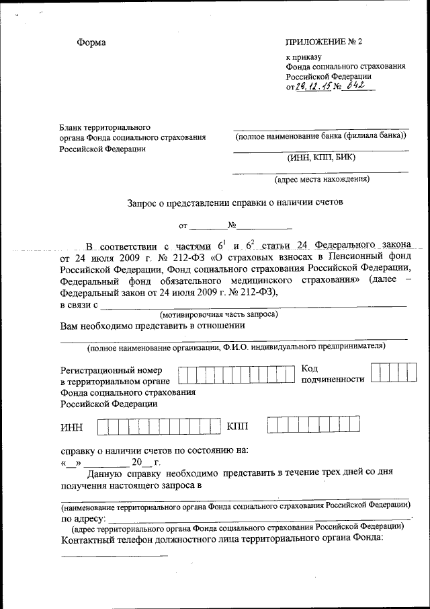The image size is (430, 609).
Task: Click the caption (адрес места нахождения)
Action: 321,180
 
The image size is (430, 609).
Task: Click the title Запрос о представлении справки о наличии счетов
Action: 235,201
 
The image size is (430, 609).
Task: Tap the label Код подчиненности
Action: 333,374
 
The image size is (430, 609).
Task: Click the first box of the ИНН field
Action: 105,426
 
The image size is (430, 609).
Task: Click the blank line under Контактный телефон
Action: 114,556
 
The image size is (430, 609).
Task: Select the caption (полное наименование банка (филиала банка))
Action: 321,136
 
